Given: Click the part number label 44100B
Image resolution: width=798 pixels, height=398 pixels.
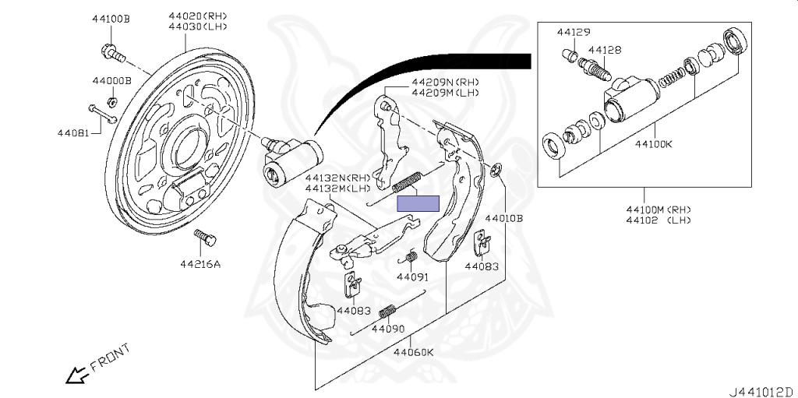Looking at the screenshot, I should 111,18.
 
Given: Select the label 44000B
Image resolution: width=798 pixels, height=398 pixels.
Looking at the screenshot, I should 111,80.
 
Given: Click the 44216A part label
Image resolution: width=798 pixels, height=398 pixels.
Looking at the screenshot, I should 200,264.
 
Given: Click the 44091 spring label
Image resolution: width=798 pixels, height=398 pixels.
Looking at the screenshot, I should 412,276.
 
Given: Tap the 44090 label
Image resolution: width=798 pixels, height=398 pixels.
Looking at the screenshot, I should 387,329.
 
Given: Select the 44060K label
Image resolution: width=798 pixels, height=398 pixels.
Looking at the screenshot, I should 413,352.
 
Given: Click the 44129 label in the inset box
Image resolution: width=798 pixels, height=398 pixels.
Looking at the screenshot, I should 574,32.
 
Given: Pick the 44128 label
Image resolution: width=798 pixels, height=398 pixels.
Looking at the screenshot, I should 605,50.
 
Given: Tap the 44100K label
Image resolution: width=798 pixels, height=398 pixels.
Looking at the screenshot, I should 654,143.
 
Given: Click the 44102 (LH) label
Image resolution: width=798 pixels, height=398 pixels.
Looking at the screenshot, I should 659,220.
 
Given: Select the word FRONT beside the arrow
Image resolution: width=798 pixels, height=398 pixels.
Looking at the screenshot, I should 108,357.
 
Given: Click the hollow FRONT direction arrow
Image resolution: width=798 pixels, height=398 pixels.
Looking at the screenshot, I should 76,375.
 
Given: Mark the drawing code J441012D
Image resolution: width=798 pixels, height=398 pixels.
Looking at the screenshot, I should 761,390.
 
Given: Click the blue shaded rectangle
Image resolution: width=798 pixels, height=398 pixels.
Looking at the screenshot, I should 418,203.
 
